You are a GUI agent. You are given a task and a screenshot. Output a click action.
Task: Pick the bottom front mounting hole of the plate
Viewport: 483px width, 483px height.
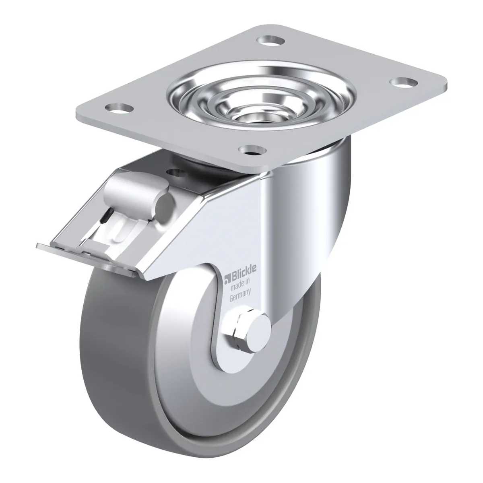(x=252, y=150)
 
